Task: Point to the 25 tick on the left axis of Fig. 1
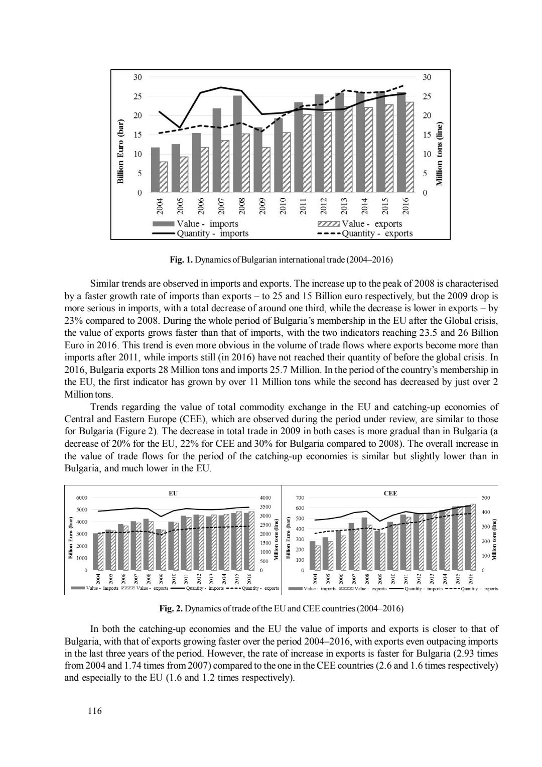pyautogui.click(x=137, y=96)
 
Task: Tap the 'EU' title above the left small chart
pyautogui.click(x=173, y=493)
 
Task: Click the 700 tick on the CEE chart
pyautogui.click(x=300, y=497)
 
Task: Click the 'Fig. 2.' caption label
pyautogui.click(x=171, y=609)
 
